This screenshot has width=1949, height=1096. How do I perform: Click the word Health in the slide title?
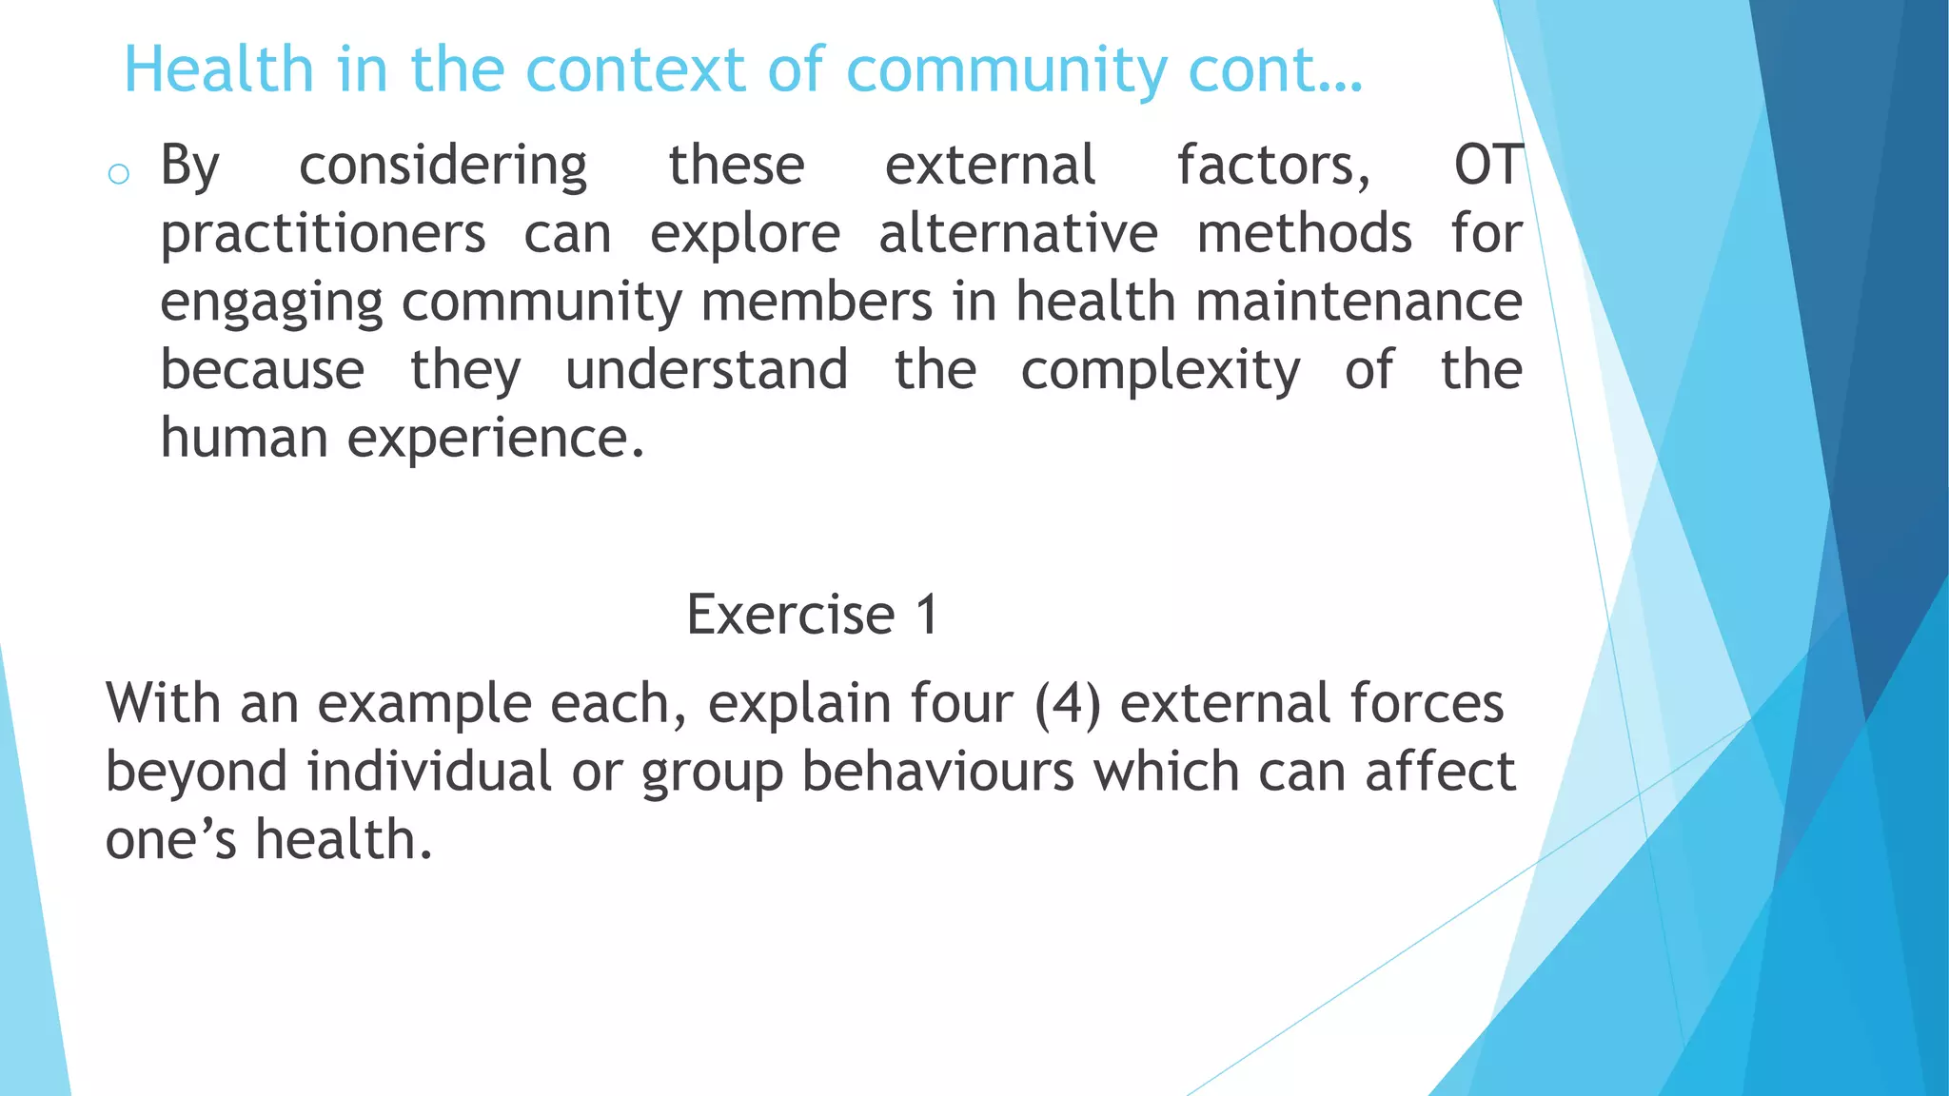click(219, 69)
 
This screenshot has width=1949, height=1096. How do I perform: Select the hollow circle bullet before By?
click(119, 174)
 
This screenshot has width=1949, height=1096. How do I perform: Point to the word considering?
click(443, 166)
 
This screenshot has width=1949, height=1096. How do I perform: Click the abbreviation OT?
click(1488, 165)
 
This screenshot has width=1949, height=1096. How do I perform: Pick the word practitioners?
click(323, 234)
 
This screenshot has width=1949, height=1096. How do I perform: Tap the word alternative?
click(1017, 234)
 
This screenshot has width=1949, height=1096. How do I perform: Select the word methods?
click(1304, 234)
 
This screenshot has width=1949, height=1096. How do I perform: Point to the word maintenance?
click(1358, 302)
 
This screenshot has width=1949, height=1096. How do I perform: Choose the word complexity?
click(1160, 371)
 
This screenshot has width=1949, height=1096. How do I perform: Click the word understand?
click(706, 370)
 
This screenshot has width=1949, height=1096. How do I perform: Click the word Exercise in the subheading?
click(790, 615)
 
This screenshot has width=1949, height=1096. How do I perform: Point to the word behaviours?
click(937, 772)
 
